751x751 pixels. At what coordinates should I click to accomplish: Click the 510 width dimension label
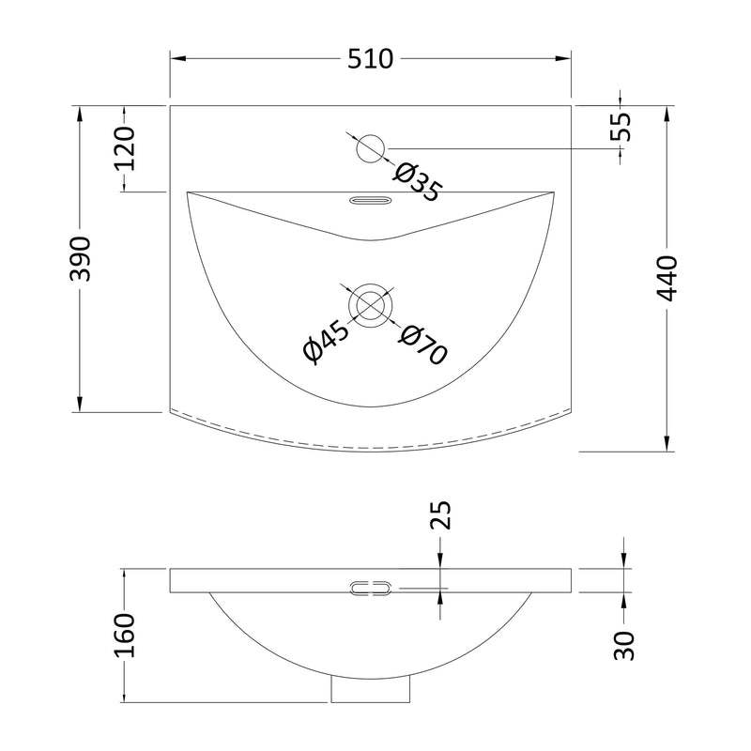370,59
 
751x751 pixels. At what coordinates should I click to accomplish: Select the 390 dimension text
80,259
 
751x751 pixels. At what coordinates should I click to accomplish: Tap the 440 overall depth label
667,279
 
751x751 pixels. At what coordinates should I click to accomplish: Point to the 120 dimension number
125,148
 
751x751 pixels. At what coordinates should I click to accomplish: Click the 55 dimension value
621,127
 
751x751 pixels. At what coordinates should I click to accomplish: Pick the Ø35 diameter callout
416,182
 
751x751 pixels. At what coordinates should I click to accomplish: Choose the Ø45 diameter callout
327,342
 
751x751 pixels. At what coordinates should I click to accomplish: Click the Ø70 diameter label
423,344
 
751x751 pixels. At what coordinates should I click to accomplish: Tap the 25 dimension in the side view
440,514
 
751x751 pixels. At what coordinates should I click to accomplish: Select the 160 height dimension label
125,636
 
